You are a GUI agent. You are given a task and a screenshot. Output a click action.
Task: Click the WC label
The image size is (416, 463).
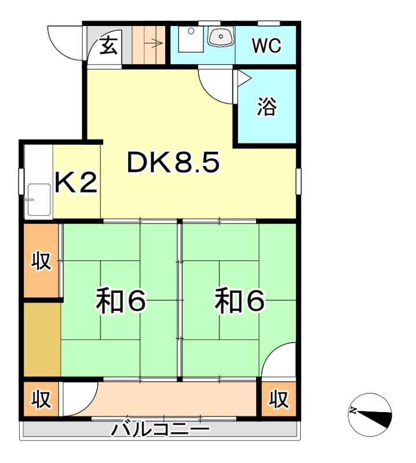point(267,46)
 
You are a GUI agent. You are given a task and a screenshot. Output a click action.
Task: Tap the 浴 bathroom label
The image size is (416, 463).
point(267,107)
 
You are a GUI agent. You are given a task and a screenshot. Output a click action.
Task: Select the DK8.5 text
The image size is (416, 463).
point(173,164)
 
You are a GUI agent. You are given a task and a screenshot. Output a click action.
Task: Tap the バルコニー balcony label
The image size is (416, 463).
point(160,430)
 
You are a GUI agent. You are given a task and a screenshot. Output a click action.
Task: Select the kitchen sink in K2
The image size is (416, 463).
point(39,200)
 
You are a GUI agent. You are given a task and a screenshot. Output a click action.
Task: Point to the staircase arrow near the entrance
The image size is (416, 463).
point(156,42)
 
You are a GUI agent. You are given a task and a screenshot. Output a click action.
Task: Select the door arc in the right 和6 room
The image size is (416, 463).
point(278,360)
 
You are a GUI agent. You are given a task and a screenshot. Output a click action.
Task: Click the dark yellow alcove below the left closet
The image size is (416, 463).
point(42,339)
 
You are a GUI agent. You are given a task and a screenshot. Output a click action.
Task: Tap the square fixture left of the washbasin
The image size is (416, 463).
point(187,39)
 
